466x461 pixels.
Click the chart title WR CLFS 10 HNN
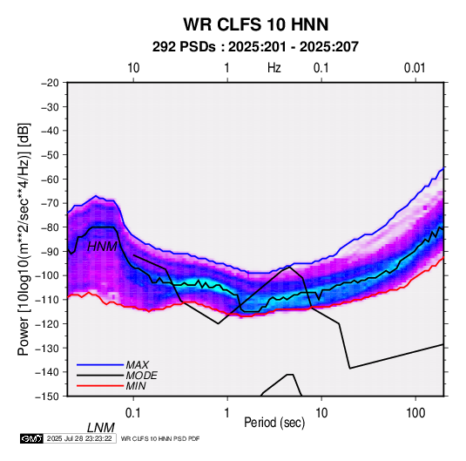(256, 24)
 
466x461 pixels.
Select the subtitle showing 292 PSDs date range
(255, 47)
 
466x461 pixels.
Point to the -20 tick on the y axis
(50, 83)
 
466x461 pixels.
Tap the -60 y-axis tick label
(50, 179)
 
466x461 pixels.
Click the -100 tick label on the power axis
(47, 275)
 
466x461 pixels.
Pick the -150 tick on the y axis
(47, 397)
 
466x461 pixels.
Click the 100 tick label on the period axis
(415, 413)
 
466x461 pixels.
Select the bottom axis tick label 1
(227, 413)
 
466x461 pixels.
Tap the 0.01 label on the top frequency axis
(415, 68)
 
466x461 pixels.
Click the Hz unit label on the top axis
(274, 68)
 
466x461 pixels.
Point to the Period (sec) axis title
(274, 423)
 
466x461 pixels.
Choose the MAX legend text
(138, 364)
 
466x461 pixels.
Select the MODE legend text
(141, 376)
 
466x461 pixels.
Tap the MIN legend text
(136, 386)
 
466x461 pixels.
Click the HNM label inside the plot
(102, 247)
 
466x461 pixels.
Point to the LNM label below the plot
(100, 428)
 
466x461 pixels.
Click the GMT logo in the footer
(31, 438)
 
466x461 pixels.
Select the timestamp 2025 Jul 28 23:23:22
(79, 438)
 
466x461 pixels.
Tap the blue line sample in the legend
(100, 365)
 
